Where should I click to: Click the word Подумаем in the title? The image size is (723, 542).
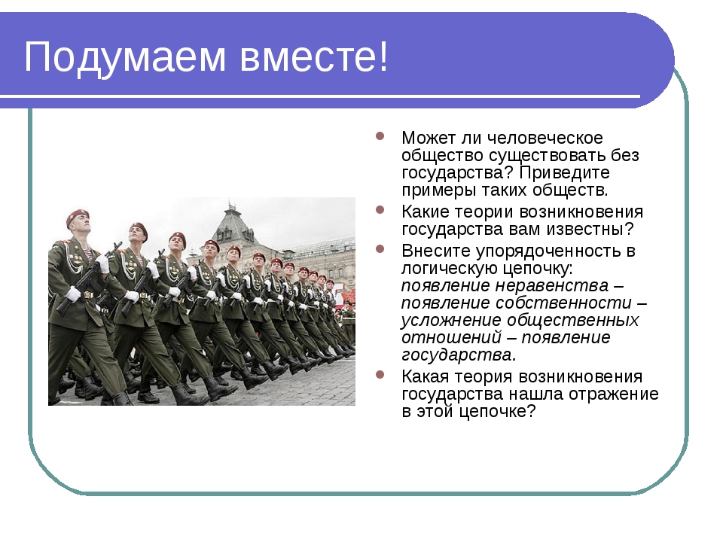coord(125,58)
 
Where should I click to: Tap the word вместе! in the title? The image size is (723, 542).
coord(314,56)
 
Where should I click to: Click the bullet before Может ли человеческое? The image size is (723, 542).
coord(380,136)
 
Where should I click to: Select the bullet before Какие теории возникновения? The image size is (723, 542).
coord(380,210)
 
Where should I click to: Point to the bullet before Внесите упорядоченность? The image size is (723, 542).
coord(380,249)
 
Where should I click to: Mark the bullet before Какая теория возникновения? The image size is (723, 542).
coord(380,374)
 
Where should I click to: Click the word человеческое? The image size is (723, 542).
coord(545,138)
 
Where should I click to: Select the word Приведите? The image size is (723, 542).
coord(564,173)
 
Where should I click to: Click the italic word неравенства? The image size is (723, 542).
coord(552,286)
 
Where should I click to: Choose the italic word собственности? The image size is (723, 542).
coord(563,303)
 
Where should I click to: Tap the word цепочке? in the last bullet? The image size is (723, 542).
coord(498,412)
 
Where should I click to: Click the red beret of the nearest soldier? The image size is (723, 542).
coord(77,217)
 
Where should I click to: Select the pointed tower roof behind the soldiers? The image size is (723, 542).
coord(231,216)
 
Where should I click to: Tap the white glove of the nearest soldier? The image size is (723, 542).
coord(73,294)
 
